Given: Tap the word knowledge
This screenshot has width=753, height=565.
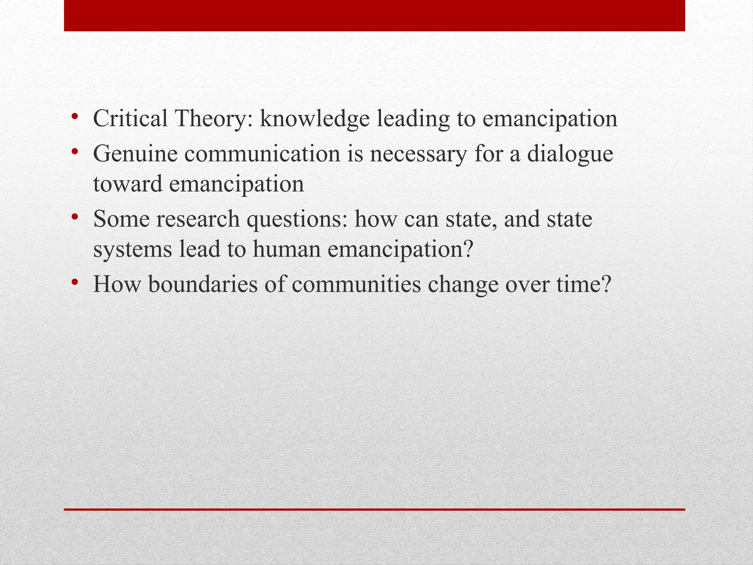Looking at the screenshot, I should tap(315, 118).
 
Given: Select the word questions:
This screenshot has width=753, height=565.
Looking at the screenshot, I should tap(296, 220).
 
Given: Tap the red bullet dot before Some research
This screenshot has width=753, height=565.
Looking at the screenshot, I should tap(75, 217).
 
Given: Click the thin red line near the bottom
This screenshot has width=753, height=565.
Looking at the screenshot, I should tap(374, 509).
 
